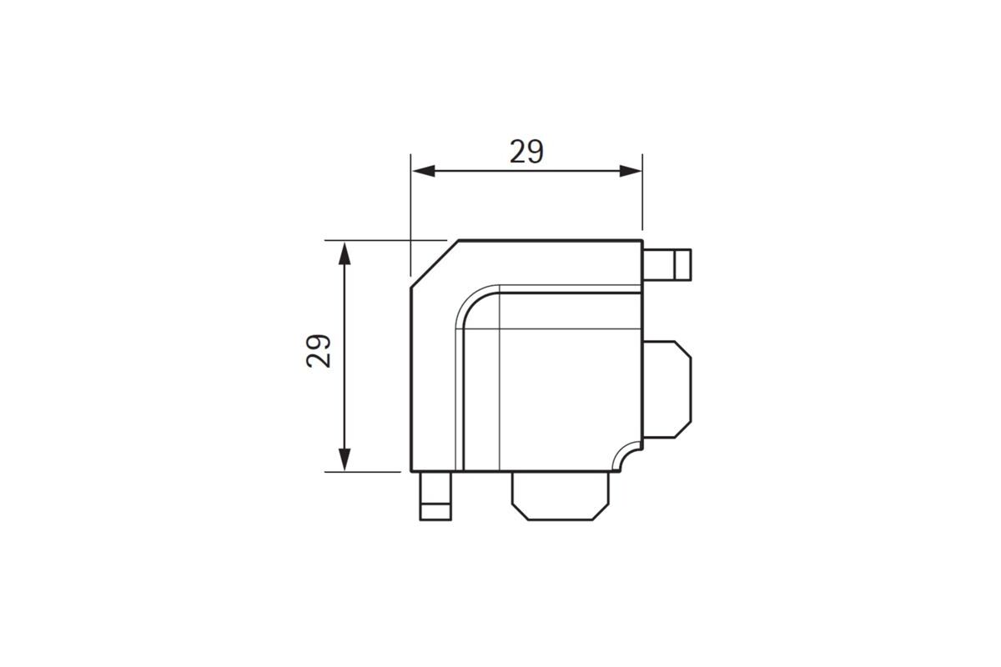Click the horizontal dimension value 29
point(526,152)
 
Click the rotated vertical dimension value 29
point(319,351)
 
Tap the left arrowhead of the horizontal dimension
point(424,171)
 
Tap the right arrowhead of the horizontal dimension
point(631,171)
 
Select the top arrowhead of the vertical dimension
point(344,253)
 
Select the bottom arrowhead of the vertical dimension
point(344,459)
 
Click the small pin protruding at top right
point(667,265)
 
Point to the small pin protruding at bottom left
point(435,496)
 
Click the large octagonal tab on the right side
point(667,389)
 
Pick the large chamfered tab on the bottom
point(561,496)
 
